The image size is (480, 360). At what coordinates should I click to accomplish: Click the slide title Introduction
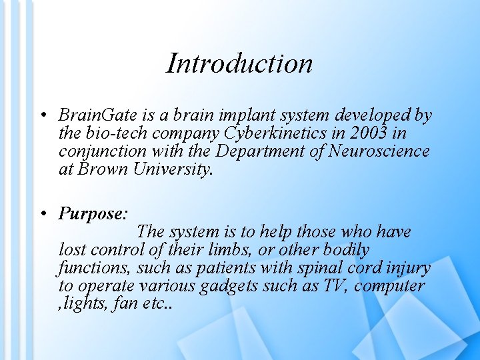[x=239, y=63]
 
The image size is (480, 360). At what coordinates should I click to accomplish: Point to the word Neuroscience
[x=381, y=151]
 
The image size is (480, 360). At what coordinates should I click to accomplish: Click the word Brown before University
[x=103, y=169]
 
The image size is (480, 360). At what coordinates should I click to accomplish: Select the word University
[x=173, y=169]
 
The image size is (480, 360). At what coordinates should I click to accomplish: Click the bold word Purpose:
[x=93, y=213]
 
